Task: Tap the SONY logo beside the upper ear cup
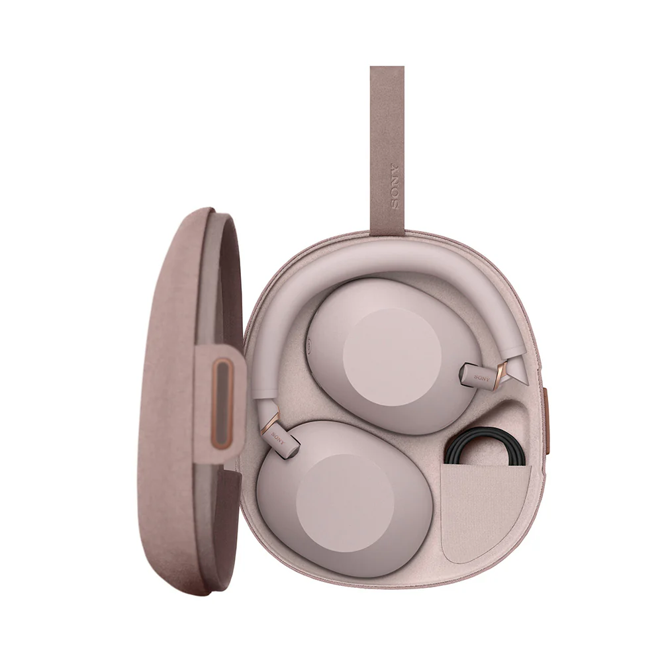point(482,377)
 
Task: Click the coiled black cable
point(485,448)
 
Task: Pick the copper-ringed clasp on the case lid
point(222,404)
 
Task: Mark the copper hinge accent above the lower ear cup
point(269,424)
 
